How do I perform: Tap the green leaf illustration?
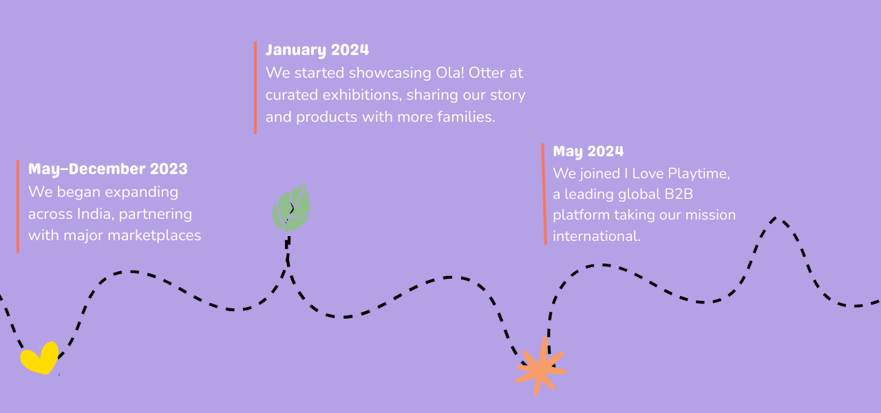pyautogui.click(x=291, y=208)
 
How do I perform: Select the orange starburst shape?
pyautogui.click(x=541, y=368)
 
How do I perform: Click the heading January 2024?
pyautogui.click(x=317, y=50)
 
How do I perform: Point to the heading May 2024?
pyautogui.click(x=588, y=151)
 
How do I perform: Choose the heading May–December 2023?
pyautogui.click(x=108, y=169)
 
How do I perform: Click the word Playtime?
pyautogui.click(x=699, y=173)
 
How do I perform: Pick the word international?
pyautogui.click(x=597, y=236)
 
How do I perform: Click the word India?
pyautogui.click(x=96, y=214)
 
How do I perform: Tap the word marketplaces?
pyautogui.click(x=154, y=235)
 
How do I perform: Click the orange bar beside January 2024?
pyautogui.click(x=255, y=87)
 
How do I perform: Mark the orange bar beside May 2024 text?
pyautogui.click(x=544, y=194)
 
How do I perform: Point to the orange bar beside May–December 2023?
pyautogui.click(x=18, y=206)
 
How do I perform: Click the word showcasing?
pyautogui.click(x=390, y=73)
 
